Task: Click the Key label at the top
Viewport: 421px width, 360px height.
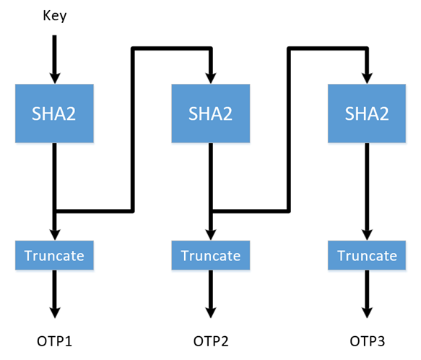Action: (54, 15)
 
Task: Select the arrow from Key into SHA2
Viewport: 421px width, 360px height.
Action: (54, 54)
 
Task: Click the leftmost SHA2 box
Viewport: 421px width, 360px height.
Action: (54, 113)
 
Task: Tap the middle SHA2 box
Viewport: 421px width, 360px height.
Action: (210, 113)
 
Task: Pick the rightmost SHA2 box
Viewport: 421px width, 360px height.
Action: (367, 113)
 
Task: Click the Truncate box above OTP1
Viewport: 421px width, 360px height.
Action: (54, 255)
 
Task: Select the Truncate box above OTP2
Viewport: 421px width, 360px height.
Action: (210, 255)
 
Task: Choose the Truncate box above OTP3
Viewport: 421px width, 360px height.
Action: (367, 255)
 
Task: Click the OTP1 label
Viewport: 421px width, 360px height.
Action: (54, 340)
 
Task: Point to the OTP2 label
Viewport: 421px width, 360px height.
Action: (210, 340)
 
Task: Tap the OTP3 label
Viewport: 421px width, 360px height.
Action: (367, 340)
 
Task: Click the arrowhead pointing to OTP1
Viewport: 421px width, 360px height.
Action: (54, 311)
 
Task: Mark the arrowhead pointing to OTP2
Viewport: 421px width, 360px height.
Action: (210, 311)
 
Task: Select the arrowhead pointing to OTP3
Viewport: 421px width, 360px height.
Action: (367, 311)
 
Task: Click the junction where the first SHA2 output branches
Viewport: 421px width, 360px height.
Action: (55, 212)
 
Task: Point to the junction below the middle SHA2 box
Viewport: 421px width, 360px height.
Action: (210, 212)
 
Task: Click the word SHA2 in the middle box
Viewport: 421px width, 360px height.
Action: (210, 113)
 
